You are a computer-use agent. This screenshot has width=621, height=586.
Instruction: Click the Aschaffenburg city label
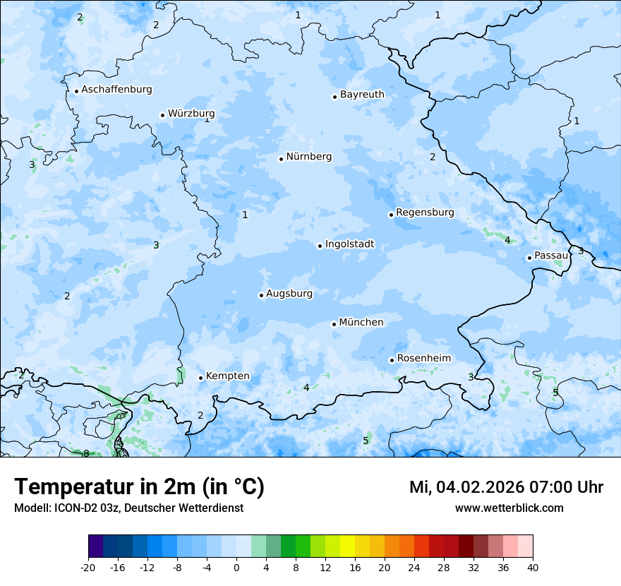click(116, 90)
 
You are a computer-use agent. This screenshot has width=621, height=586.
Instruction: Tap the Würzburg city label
click(191, 114)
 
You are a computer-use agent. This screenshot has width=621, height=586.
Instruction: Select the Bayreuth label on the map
click(362, 95)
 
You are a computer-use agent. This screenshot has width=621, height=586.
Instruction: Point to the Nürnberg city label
click(308, 157)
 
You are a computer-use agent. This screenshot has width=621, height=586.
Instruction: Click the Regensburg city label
click(425, 213)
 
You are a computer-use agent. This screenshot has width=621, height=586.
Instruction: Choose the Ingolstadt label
click(349, 244)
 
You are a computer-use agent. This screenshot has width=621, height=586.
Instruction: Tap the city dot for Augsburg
click(261, 295)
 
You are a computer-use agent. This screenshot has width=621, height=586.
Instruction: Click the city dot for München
click(334, 324)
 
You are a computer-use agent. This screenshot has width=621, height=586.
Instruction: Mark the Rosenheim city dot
click(392, 360)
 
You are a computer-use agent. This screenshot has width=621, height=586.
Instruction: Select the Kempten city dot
click(201, 378)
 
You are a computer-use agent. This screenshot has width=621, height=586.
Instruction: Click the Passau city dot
click(529, 258)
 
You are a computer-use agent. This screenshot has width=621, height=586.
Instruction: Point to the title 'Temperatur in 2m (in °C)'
click(139, 487)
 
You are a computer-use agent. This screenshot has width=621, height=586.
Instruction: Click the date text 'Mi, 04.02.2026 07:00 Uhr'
click(506, 487)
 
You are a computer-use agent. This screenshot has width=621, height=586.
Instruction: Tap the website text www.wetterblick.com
click(509, 508)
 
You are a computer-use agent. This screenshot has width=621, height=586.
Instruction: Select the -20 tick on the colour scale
click(88, 567)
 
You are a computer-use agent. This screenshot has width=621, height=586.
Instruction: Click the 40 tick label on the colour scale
click(533, 567)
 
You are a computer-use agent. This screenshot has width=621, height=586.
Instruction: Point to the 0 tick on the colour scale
click(236, 567)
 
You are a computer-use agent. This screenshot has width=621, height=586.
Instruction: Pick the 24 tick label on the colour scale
click(414, 567)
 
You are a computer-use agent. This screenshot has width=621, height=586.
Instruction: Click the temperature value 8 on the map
click(86, 453)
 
